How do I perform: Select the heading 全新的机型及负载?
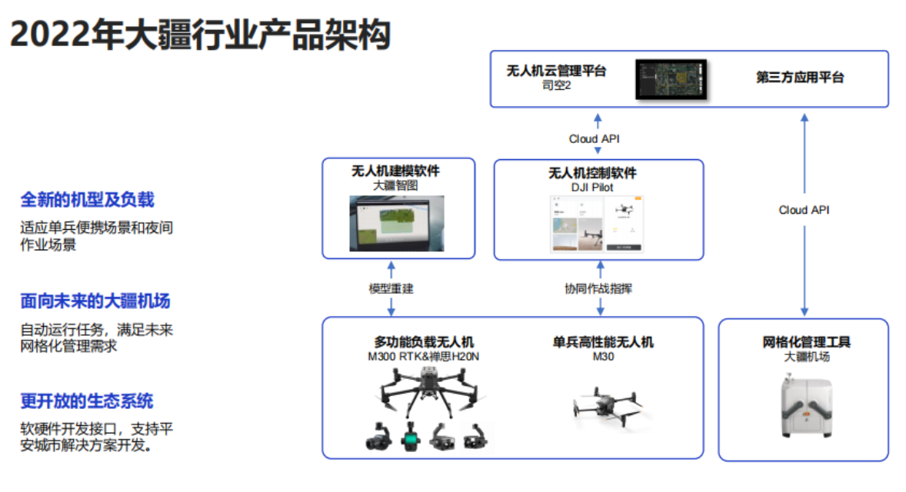(x=87, y=200)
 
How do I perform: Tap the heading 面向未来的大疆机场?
(x=95, y=301)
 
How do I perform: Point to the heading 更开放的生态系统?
(x=87, y=401)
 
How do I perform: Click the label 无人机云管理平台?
(x=556, y=71)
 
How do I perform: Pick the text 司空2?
(x=556, y=85)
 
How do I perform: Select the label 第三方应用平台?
(x=800, y=78)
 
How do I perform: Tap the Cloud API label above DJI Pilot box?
(x=594, y=139)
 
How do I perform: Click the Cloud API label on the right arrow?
(x=804, y=210)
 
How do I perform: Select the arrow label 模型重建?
(x=391, y=289)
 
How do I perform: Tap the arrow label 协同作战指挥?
(x=598, y=289)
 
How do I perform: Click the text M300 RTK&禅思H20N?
(x=424, y=357)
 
